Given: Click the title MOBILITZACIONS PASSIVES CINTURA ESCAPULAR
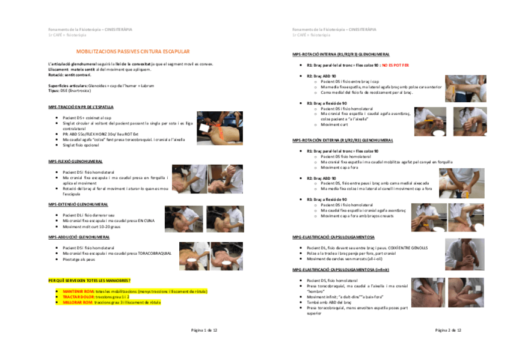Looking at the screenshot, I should coord(132,52).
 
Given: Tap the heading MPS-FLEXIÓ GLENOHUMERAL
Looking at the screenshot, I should coord(75,161).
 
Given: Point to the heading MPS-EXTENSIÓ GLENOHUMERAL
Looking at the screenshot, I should coord(78,204).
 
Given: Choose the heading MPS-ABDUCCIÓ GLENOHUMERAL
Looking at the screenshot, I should coord(78,237).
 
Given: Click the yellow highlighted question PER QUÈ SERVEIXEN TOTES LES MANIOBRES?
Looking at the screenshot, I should coord(89,281).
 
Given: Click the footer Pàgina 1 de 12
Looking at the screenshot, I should coord(204,330).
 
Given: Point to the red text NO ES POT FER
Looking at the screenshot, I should coord(394,65).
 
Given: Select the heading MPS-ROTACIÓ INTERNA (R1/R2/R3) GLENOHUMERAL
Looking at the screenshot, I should coord(340,54).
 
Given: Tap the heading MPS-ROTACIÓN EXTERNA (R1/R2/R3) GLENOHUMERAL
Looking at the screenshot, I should coord(342,140).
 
